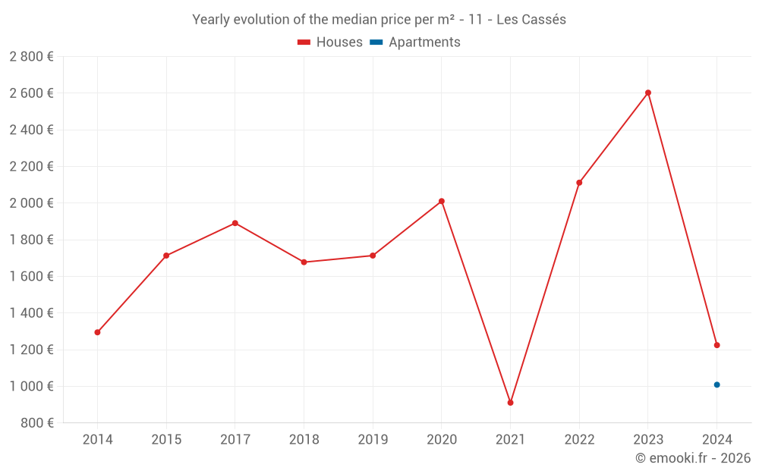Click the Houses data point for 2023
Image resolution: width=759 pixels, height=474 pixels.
click(647, 93)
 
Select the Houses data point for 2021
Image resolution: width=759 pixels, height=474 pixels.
click(510, 403)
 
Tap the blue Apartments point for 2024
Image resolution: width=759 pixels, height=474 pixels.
click(716, 385)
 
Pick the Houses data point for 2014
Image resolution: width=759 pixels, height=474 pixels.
click(97, 332)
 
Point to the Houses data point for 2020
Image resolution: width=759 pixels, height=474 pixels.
click(441, 201)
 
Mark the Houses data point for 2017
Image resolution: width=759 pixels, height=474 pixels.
click(235, 223)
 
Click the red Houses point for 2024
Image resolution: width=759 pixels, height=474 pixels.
click(716, 345)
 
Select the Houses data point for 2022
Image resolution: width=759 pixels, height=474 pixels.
click(579, 183)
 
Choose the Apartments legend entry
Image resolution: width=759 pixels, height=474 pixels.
click(424, 42)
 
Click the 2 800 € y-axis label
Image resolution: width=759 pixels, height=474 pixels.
click(31, 56)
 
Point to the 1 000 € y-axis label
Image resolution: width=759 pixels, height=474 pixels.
click(31, 386)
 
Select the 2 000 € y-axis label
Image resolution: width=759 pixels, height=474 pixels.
click(31, 202)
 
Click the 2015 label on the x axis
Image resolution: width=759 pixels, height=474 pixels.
click(166, 439)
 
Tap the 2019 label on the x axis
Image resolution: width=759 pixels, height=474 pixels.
click(373, 439)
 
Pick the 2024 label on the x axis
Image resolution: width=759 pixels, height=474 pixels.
click(716, 439)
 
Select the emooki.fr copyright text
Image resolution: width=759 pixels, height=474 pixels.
click(692, 458)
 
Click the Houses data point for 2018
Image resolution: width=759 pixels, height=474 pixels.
click(304, 262)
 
